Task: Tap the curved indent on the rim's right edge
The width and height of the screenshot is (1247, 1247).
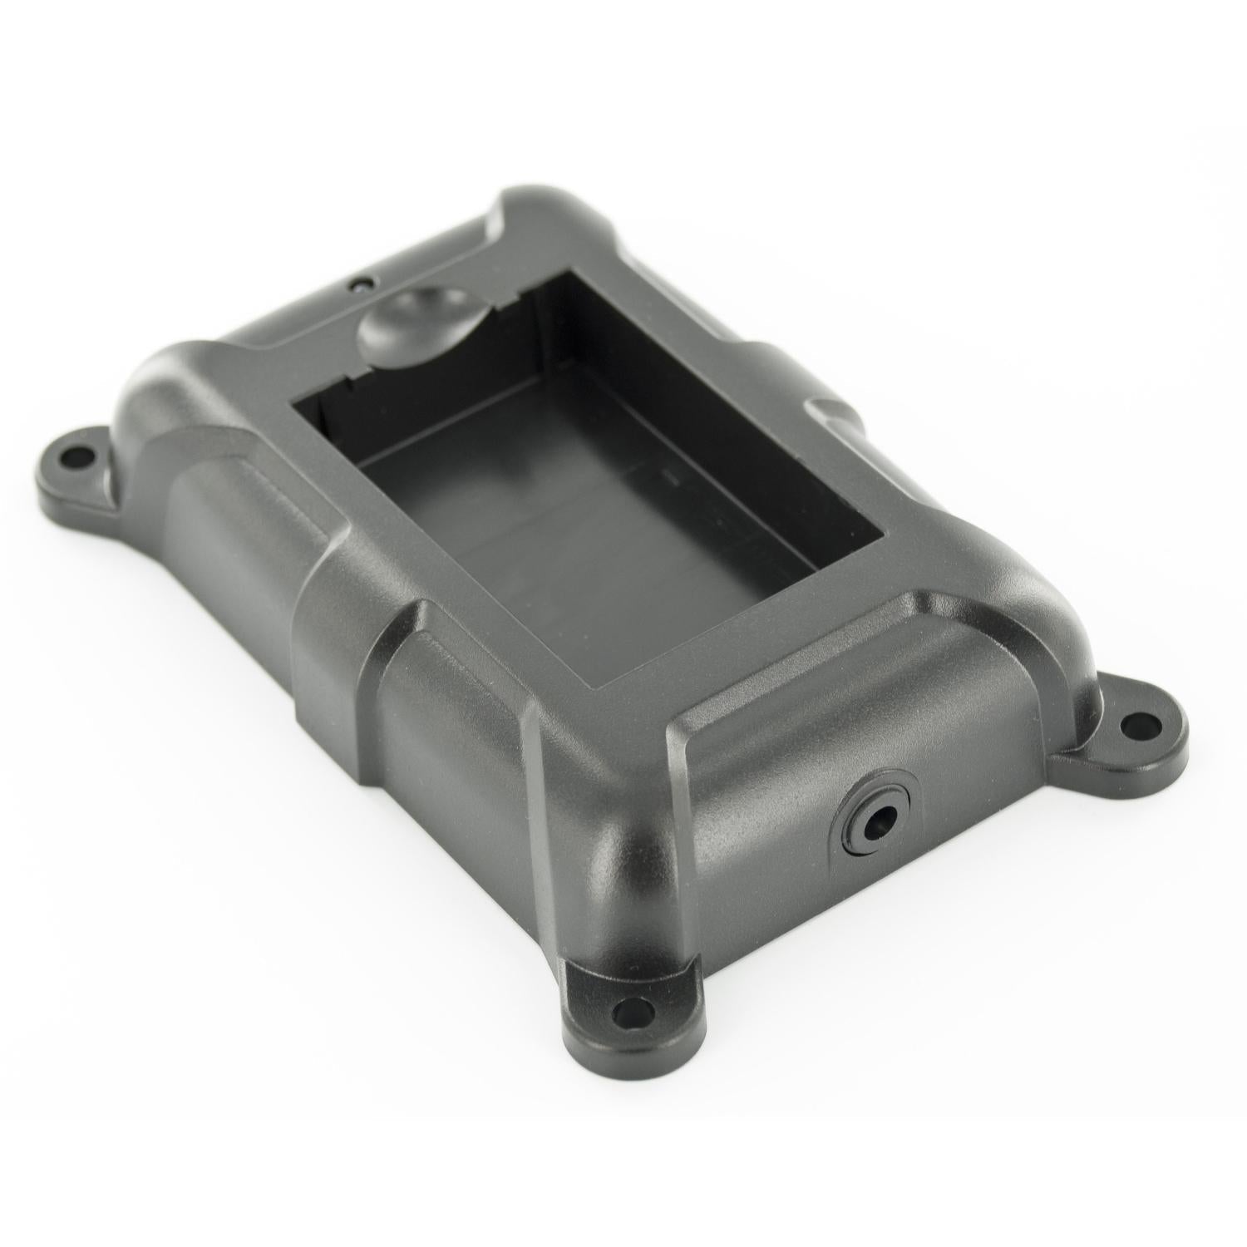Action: [x=831, y=411]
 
